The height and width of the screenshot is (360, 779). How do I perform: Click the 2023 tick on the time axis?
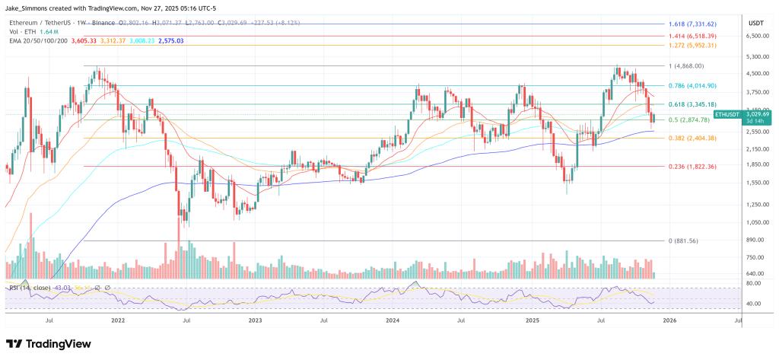(255, 321)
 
